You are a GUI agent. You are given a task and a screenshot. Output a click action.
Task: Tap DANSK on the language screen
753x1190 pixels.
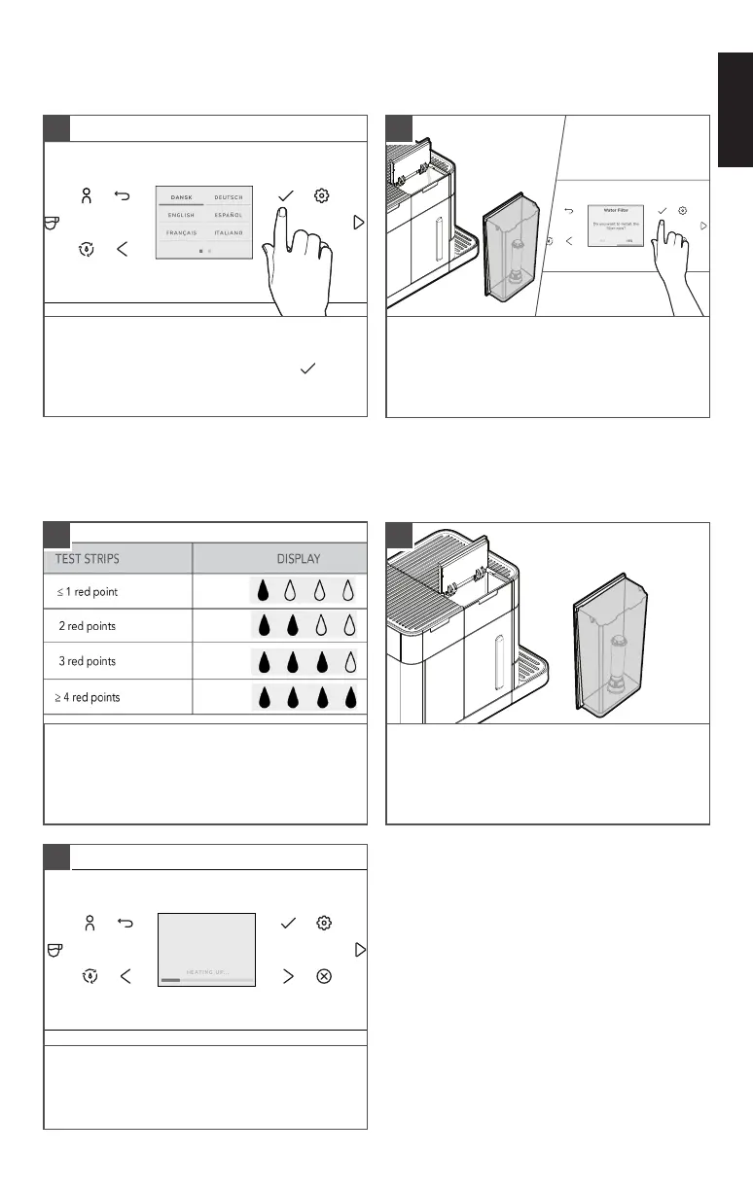click(x=180, y=197)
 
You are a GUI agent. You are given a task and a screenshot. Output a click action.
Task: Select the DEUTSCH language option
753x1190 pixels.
click(x=229, y=197)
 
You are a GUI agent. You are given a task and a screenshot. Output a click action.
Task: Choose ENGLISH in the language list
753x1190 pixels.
click(x=180, y=215)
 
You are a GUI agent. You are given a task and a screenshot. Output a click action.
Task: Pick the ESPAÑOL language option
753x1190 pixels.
click(x=229, y=215)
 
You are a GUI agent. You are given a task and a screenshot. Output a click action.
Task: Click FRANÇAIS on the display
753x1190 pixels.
click(x=180, y=233)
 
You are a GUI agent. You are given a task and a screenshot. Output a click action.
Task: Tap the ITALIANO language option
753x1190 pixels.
click(x=229, y=233)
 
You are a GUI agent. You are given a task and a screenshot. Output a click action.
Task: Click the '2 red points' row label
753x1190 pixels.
click(x=88, y=626)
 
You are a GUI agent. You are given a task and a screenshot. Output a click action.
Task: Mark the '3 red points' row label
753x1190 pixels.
click(x=88, y=661)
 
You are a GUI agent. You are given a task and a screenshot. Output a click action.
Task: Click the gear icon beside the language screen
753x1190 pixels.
click(x=321, y=195)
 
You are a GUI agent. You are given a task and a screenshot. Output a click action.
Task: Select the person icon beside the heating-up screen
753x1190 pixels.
click(x=88, y=923)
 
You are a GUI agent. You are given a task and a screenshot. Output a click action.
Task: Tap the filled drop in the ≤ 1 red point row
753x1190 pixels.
click(x=262, y=592)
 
